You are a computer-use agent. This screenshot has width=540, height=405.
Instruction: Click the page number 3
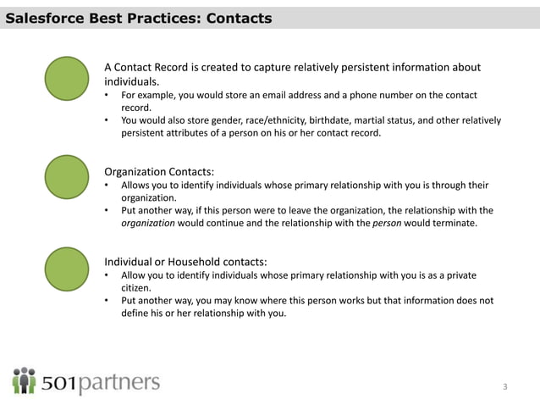coord(505,387)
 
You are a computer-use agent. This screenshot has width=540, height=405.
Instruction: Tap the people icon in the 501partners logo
coord(24,380)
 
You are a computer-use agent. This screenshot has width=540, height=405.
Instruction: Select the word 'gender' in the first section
coord(218,120)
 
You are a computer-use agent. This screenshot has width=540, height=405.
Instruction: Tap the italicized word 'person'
coord(386,224)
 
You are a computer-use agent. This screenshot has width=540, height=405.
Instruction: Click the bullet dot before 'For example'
coord(107,95)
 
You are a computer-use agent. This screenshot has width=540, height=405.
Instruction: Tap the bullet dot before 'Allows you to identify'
coord(107,185)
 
